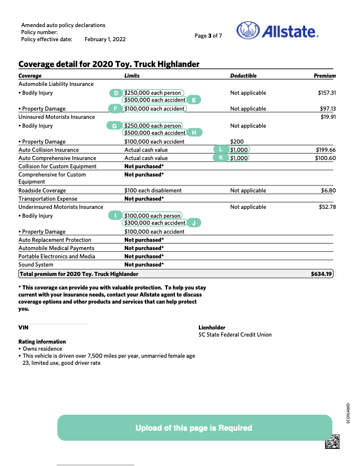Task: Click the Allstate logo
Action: (x=277, y=31)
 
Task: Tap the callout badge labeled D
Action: (x=116, y=93)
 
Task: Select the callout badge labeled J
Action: (x=194, y=223)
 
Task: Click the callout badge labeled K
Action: (x=221, y=158)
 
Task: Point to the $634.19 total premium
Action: (x=322, y=274)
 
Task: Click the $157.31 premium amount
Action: (x=326, y=93)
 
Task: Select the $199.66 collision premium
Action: (x=326, y=150)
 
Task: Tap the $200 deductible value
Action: (x=237, y=142)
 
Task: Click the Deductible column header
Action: (x=244, y=76)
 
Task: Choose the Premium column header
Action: (x=325, y=76)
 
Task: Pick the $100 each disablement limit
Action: (x=153, y=191)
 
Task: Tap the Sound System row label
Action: (x=36, y=265)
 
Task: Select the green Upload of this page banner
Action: (x=194, y=428)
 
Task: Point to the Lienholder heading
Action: (x=212, y=327)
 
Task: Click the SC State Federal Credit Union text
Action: (x=235, y=334)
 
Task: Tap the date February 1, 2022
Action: (x=105, y=39)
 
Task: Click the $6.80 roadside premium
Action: (x=328, y=191)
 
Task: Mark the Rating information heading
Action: (x=42, y=342)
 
